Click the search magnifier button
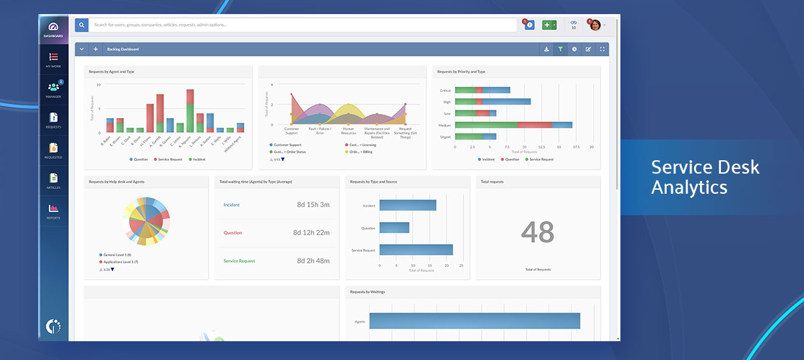pyautogui.click(x=82, y=25)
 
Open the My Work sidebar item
pyautogui.click(x=54, y=60)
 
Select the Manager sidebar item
pyautogui.click(x=54, y=90)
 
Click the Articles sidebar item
pyautogui.click(x=54, y=180)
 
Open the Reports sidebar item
pyautogui.click(x=54, y=211)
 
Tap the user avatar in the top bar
pyautogui.click(x=594, y=25)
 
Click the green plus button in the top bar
pyautogui.click(x=547, y=25)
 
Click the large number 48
pyautogui.click(x=537, y=232)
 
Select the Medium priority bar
pyautogui.click(x=513, y=125)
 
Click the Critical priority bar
pyautogui.click(x=482, y=90)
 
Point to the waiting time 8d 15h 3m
pyautogui.click(x=313, y=205)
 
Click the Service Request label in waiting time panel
pyautogui.click(x=239, y=261)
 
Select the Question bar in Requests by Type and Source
pyautogui.click(x=395, y=228)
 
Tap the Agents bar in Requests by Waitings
pyautogui.click(x=474, y=321)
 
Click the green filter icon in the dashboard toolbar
pyautogui.click(x=560, y=49)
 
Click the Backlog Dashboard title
pyautogui.click(x=123, y=49)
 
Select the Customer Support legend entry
pyautogui.click(x=288, y=145)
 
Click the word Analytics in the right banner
pyautogui.click(x=689, y=188)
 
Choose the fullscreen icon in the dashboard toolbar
pyautogui.click(x=602, y=49)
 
